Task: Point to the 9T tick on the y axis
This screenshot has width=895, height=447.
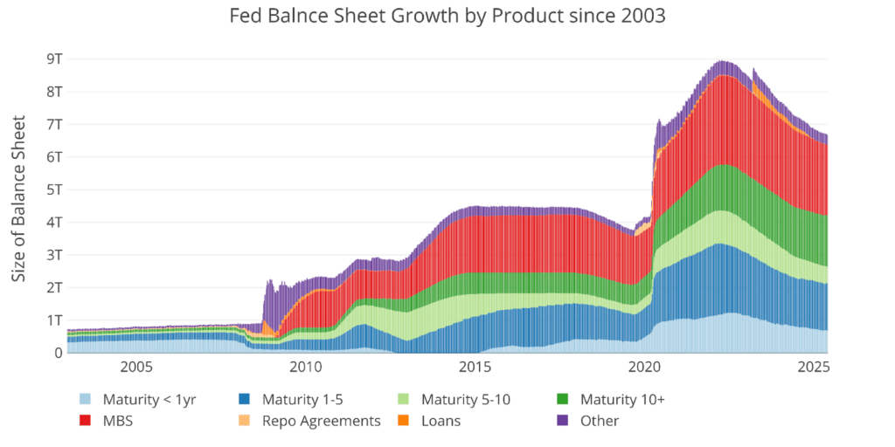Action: click(x=53, y=58)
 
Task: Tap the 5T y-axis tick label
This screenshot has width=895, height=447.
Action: click(x=53, y=189)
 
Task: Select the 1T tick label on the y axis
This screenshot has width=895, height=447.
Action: click(x=53, y=320)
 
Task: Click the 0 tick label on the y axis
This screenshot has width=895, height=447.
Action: click(x=58, y=353)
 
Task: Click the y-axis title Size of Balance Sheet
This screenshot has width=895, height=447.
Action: click(x=18, y=198)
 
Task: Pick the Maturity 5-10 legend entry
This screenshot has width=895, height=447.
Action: click(x=467, y=400)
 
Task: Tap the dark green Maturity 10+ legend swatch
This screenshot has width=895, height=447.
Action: click(x=563, y=400)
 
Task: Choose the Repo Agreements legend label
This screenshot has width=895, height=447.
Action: click(x=329, y=421)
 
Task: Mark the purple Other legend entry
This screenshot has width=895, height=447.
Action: click(x=599, y=421)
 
